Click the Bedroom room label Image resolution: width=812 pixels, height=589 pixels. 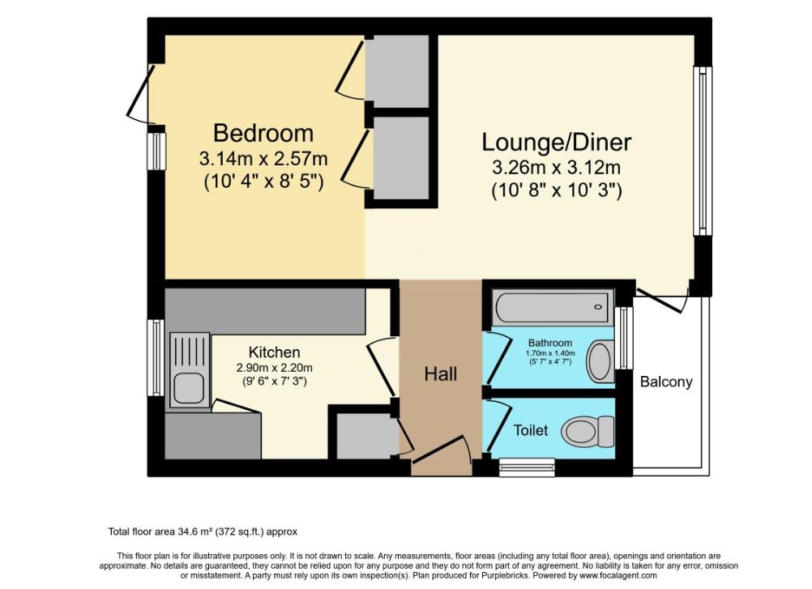[x=263, y=133]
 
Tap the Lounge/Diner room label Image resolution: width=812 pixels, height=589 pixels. [x=556, y=143]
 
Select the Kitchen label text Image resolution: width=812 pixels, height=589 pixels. [x=274, y=352]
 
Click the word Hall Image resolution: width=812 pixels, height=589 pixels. [x=441, y=373]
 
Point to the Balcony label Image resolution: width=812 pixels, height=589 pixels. [x=666, y=382]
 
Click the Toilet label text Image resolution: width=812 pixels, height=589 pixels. [x=530, y=430]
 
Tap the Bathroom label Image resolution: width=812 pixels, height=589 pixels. [x=549, y=343]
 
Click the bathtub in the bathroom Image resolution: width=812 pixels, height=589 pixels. [x=553, y=307]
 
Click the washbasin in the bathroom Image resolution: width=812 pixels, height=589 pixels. [x=600, y=361]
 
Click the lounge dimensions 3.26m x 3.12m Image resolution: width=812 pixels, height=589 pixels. [x=556, y=169]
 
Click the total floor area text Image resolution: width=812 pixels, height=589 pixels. [x=203, y=532]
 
